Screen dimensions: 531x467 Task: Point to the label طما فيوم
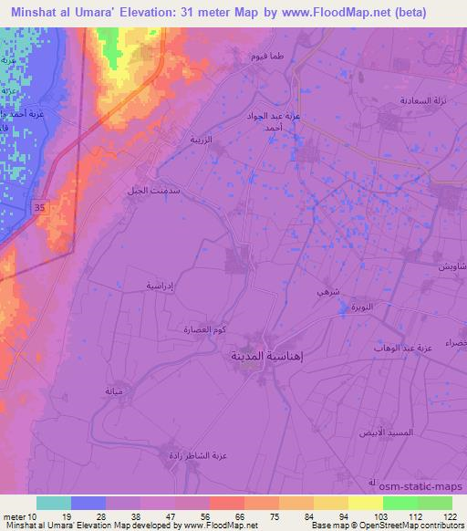(x=270, y=57)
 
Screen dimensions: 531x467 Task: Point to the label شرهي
(x=325, y=290)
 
